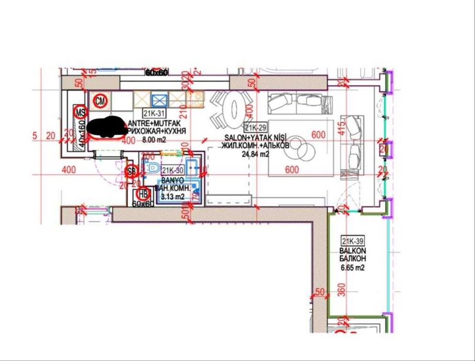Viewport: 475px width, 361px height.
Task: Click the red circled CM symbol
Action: [x=101, y=101]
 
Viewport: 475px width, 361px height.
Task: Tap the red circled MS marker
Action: [x=80, y=111]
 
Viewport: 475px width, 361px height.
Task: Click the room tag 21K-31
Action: [x=152, y=113]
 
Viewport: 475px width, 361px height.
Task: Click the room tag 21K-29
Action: [x=255, y=128]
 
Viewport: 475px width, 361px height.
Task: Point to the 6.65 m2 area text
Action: [x=353, y=268]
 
